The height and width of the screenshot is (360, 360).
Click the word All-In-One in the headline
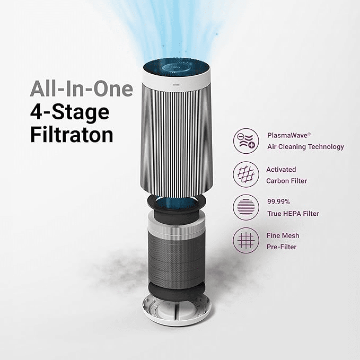pos(81,89)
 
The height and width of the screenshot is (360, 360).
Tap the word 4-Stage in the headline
pos(69,111)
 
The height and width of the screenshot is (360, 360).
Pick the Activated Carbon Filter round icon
pos(247,174)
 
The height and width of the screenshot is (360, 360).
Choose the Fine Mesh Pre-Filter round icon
pos(247,241)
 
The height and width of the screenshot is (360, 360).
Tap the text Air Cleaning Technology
pos(305,147)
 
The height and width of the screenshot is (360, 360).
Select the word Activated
pos(281,169)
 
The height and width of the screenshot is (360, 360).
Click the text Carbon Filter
pos(287,180)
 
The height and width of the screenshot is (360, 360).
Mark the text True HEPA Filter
pos(293,214)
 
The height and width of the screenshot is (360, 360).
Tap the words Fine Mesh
pos(283,235)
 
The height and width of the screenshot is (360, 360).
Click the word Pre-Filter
pos(282,247)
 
